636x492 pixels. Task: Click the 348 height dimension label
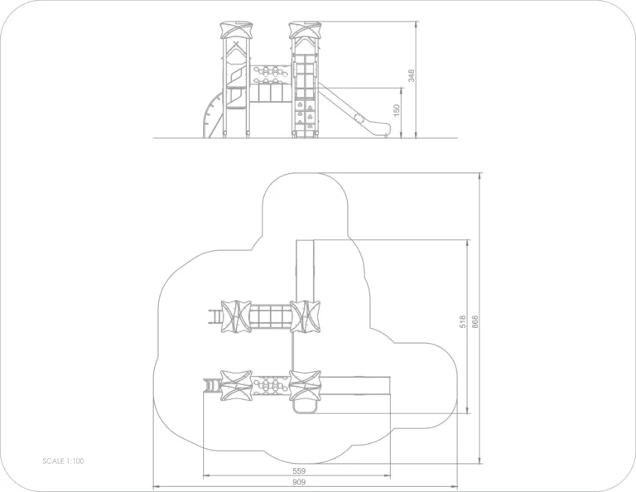pyautogui.click(x=412, y=75)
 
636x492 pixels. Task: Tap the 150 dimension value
pyautogui.click(x=397, y=110)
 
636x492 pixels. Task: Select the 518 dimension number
pyautogui.click(x=463, y=321)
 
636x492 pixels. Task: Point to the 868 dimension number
pyautogui.click(x=475, y=321)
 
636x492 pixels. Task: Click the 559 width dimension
pyautogui.click(x=299, y=471)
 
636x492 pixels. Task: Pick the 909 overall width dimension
pyautogui.click(x=299, y=482)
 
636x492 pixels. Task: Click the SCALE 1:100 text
pyautogui.click(x=63, y=461)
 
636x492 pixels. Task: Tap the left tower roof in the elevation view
pyautogui.click(x=236, y=31)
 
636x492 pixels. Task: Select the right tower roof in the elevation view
pyautogui.click(x=305, y=30)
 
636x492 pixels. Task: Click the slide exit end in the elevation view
pyautogui.click(x=382, y=130)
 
